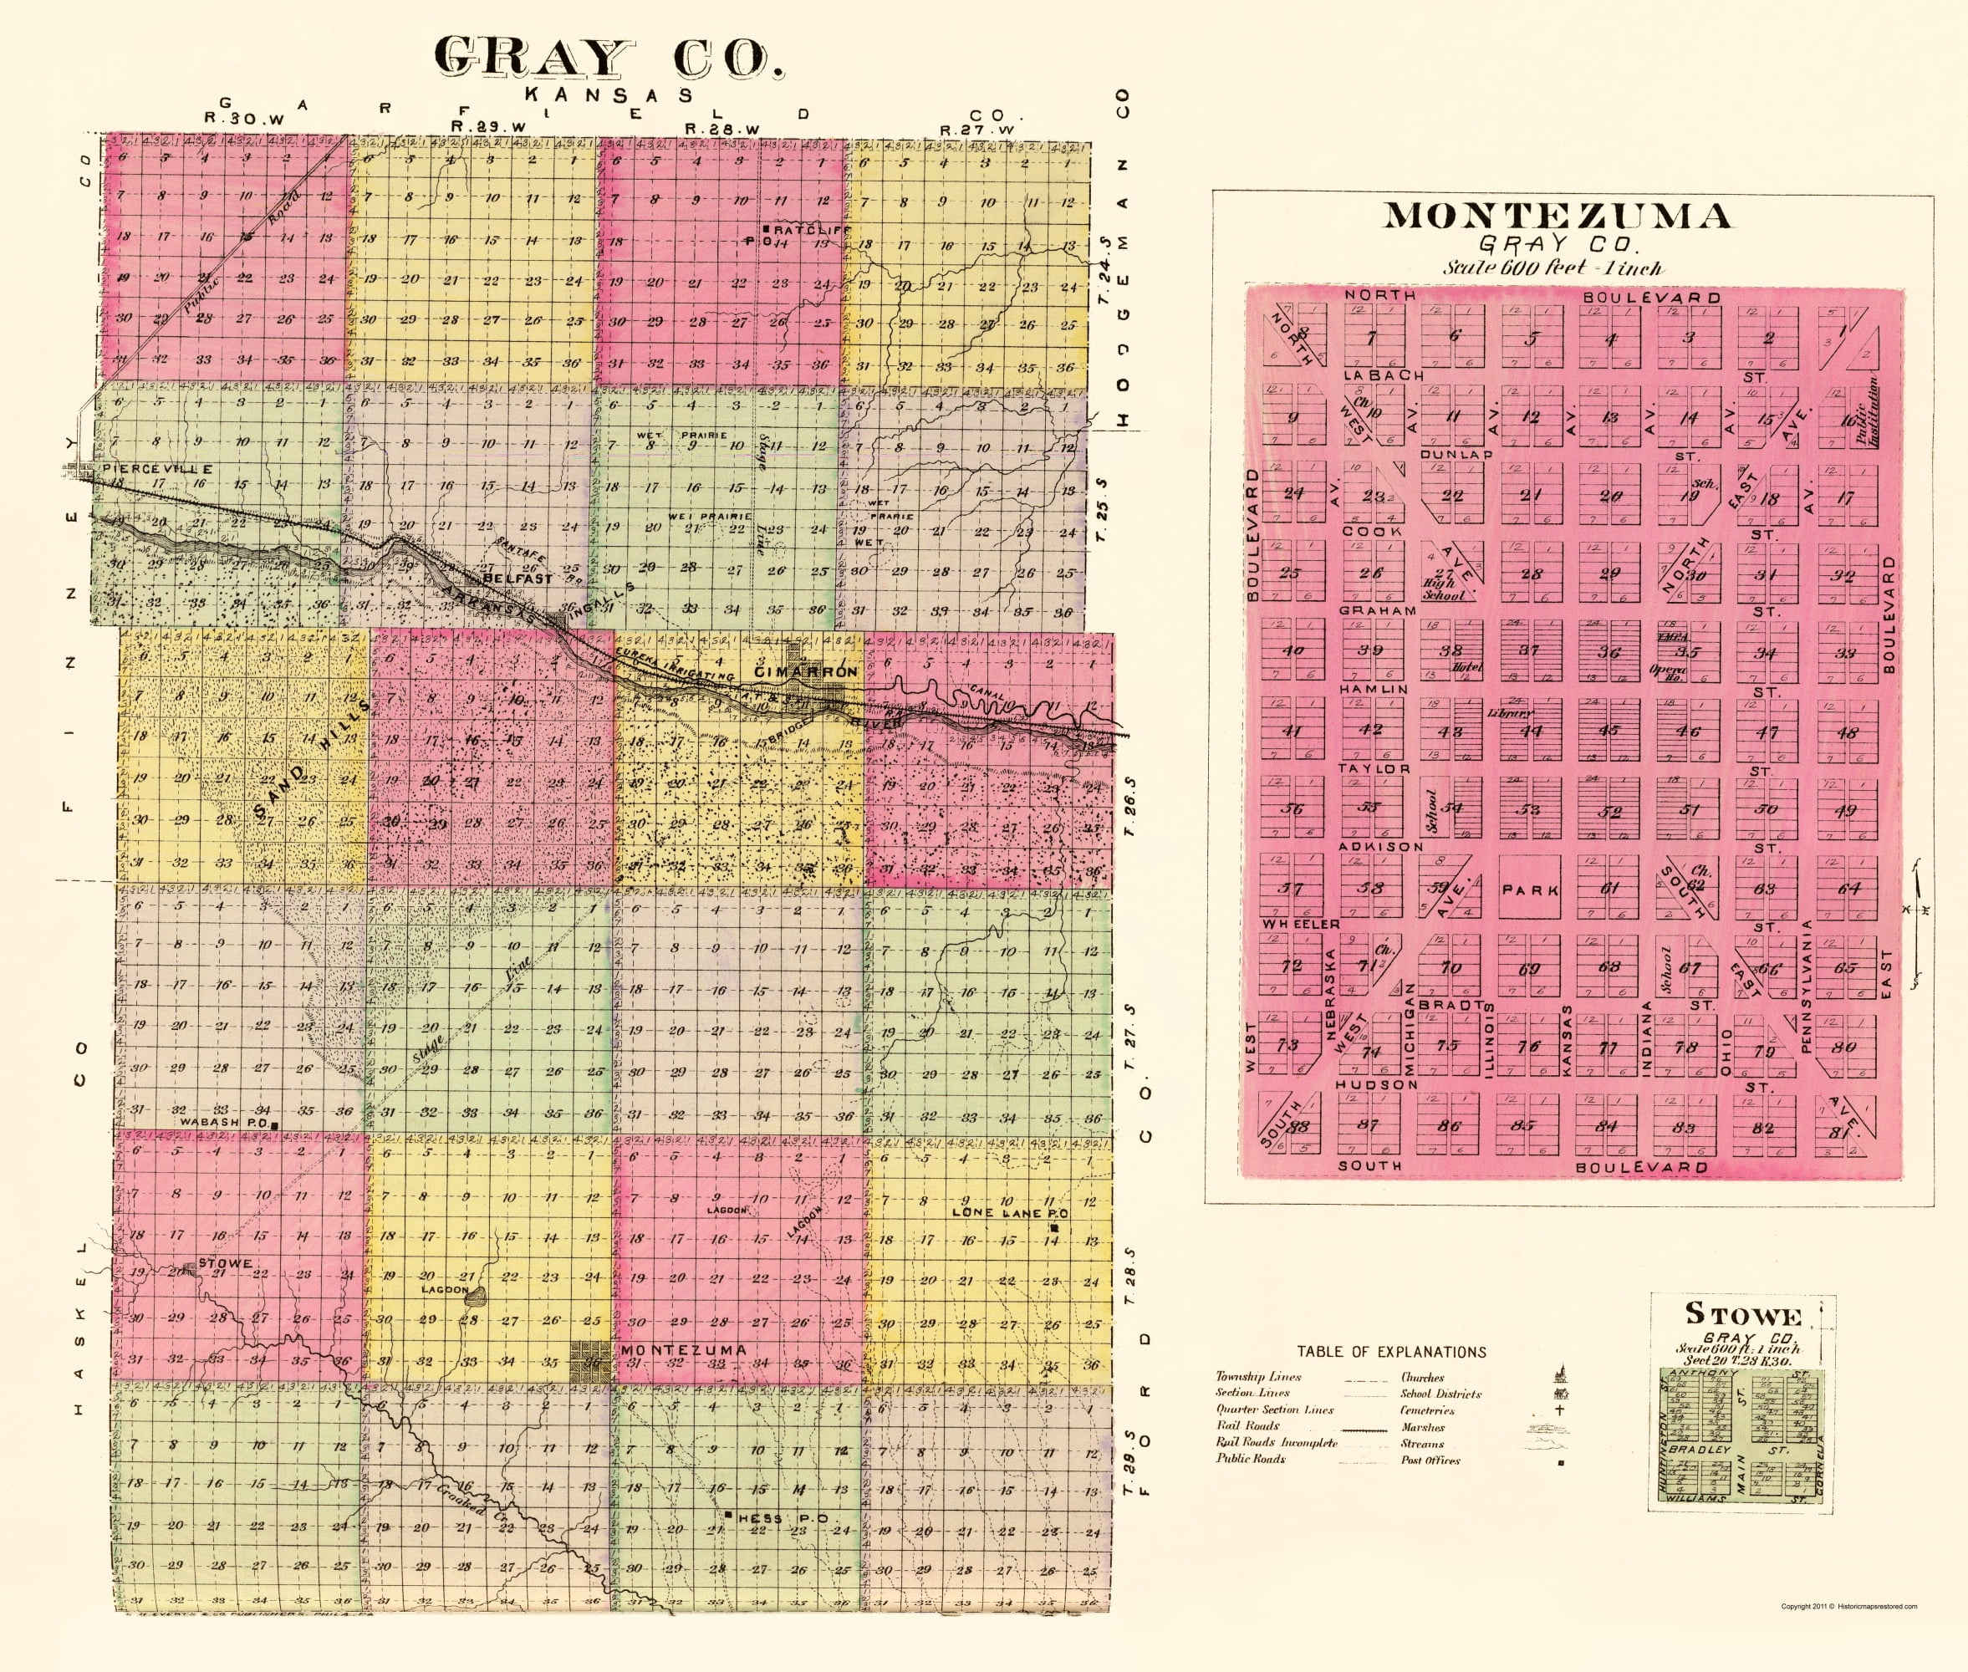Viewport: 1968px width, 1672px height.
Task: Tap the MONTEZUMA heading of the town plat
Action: coord(1557,217)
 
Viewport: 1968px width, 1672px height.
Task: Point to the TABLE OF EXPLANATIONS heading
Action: coord(1390,1352)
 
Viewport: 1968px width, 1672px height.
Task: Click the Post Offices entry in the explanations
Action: coord(1430,1460)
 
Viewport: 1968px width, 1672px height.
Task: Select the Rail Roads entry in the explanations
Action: coord(1247,1425)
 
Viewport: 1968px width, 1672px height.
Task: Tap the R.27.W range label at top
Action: coord(976,129)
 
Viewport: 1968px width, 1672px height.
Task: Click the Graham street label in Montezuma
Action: coord(1376,610)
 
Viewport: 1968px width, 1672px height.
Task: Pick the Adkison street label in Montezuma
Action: coord(1380,845)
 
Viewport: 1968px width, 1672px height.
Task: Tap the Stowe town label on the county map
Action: coord(225,1263)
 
